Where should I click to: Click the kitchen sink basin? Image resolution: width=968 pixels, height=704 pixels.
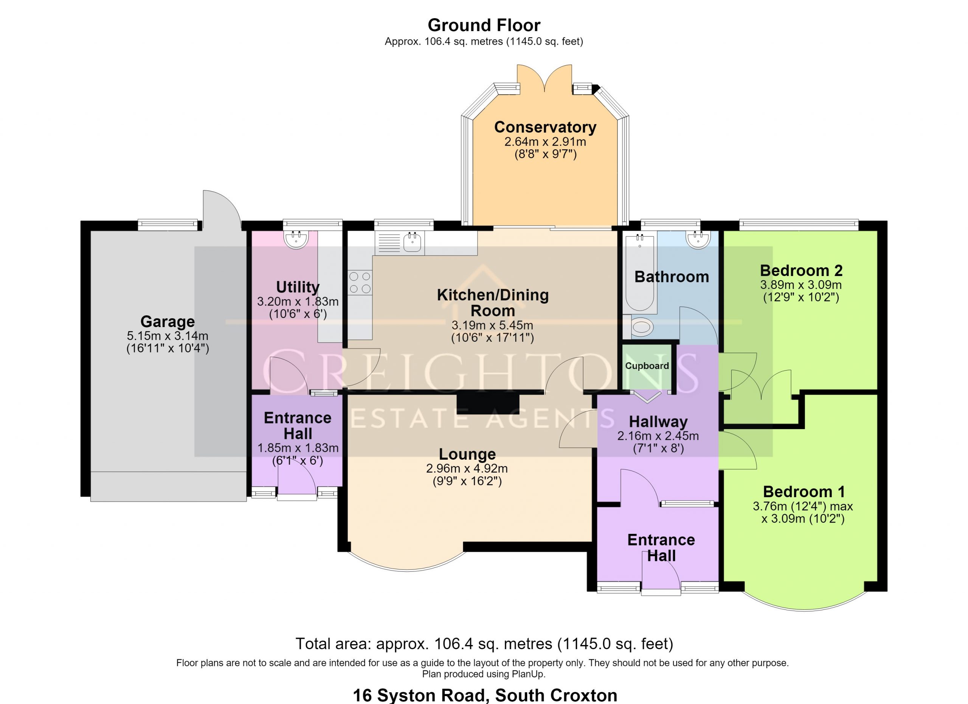[412, 243]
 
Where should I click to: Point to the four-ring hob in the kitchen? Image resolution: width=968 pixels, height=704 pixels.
[360, 282]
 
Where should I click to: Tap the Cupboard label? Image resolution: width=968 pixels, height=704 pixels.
[647, 366]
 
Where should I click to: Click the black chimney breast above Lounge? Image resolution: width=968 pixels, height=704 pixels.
[488, 403]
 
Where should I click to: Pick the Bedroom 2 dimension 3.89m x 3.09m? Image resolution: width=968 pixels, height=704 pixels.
[801, 285]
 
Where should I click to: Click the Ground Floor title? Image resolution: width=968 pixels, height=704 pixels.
[484, 25]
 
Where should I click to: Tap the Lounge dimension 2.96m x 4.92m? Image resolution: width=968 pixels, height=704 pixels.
[467, 468]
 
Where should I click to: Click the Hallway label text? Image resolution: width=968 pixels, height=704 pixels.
[658, 422]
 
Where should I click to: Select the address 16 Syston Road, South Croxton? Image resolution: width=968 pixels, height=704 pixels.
[485, 695]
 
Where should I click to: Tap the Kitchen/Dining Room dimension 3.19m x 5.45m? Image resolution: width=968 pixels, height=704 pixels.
[493, 325]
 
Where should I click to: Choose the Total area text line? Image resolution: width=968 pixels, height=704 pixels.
[484, 644]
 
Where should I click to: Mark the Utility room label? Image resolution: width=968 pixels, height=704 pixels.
[298, 287]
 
